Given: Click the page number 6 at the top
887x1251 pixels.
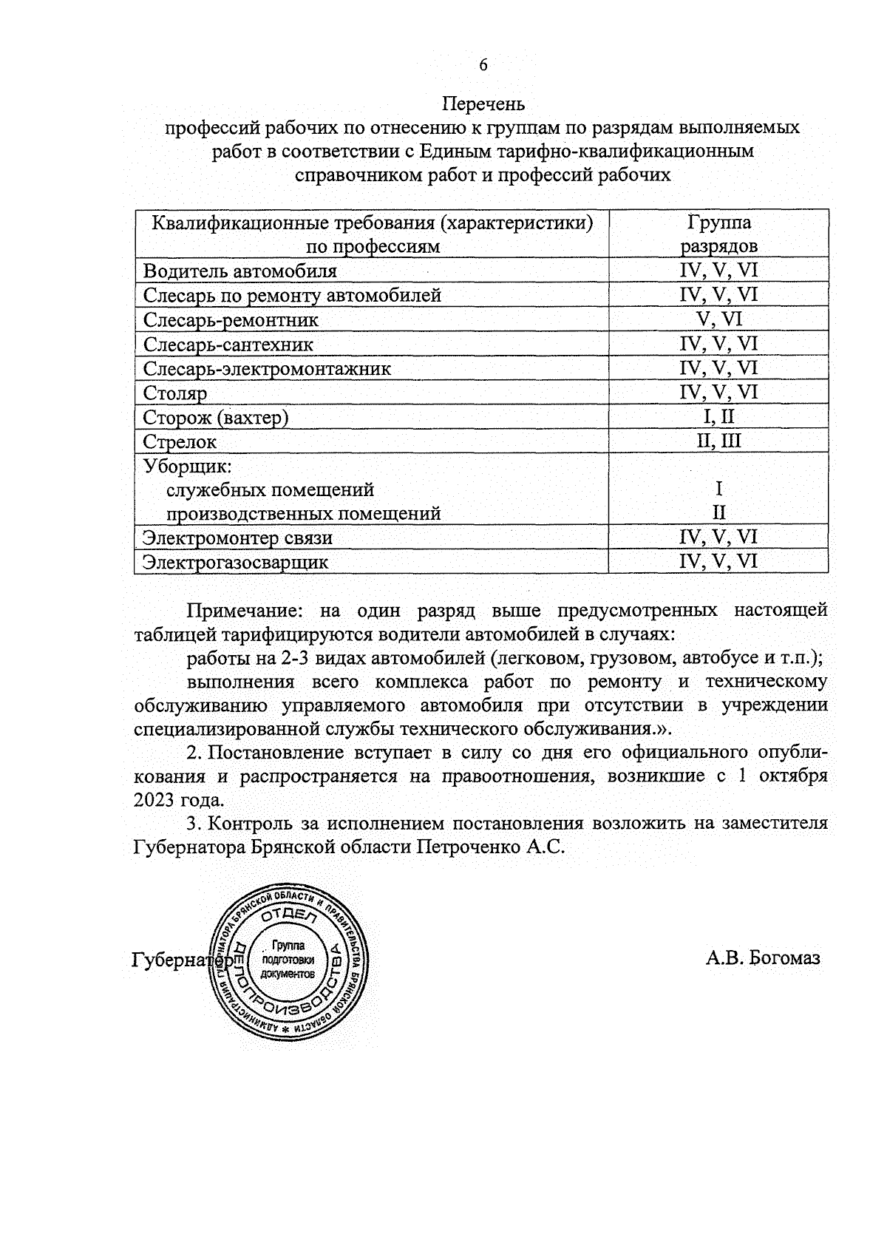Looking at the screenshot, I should click(483, 65).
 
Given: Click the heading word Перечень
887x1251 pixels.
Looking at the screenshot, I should click(483, 103).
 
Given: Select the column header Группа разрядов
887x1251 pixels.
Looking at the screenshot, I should click(718, 234).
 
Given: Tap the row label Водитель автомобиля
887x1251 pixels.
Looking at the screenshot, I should click(239, 271).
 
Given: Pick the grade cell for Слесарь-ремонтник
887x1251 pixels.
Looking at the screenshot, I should click(718, 319).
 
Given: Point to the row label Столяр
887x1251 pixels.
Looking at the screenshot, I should click(174, 393).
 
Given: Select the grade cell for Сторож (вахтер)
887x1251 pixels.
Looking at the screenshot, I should click(718, 417).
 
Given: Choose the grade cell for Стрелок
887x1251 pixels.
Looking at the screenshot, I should click(718, 441).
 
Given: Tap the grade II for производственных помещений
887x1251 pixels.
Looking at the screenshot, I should click(718, 512).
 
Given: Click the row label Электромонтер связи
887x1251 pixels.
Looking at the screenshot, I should click(237, 538).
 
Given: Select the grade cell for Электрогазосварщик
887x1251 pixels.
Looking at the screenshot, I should click(718, 561).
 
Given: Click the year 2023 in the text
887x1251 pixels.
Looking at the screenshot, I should click(157, 800).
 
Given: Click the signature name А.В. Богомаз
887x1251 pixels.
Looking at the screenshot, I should click(763, 959).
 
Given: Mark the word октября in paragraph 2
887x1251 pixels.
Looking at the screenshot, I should click(792, 776).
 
